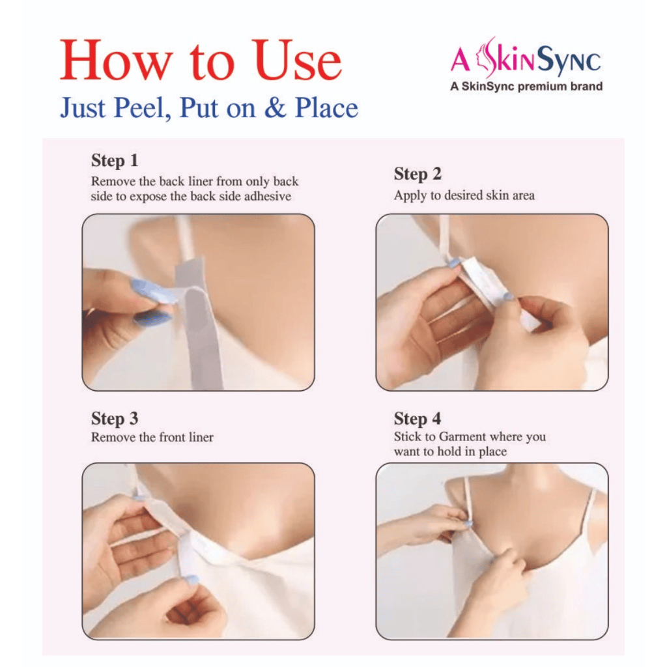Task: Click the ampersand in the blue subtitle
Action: click(276, 108)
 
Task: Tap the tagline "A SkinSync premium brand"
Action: click(526, 87)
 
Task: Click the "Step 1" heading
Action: click(115, 160)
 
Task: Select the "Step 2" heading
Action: click(418, 173)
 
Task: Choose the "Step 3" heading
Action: click(115, 419)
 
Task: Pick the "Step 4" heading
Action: click(418, 419)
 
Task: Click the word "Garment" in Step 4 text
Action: click(462, 437)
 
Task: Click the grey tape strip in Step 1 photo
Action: click(200, 323)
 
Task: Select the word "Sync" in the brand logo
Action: click(569, 61)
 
